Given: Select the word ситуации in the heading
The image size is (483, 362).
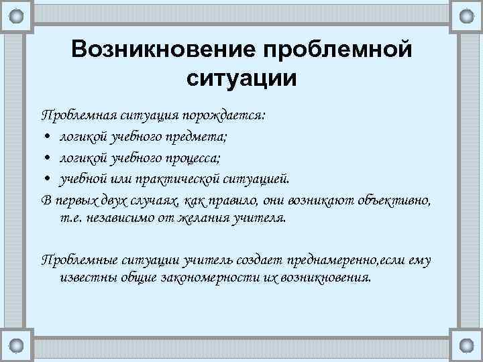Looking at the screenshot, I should [241, 79].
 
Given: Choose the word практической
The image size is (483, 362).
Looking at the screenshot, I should [170, 179].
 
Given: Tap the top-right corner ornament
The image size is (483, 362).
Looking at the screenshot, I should [467, 15].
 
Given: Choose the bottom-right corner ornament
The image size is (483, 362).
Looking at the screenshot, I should [467, 347].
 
